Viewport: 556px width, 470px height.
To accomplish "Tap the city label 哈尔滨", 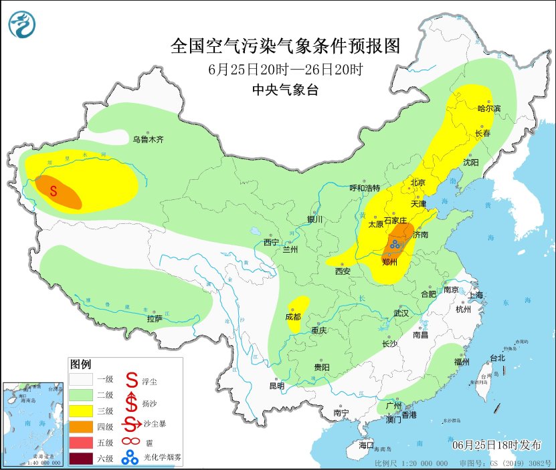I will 488,108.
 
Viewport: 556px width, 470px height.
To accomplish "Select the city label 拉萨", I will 155,318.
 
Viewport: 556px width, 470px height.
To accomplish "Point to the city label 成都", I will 293,317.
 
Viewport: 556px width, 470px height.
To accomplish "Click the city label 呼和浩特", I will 365,188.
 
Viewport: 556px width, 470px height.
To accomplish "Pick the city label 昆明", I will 276,386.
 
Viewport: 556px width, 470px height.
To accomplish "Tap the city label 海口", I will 366,445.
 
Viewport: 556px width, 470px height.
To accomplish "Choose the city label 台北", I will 497,358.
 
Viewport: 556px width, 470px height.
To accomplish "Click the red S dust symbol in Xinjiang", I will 54,191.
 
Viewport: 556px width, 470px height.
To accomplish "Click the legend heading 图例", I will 80,364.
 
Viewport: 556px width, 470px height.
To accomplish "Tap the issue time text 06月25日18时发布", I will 494,445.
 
